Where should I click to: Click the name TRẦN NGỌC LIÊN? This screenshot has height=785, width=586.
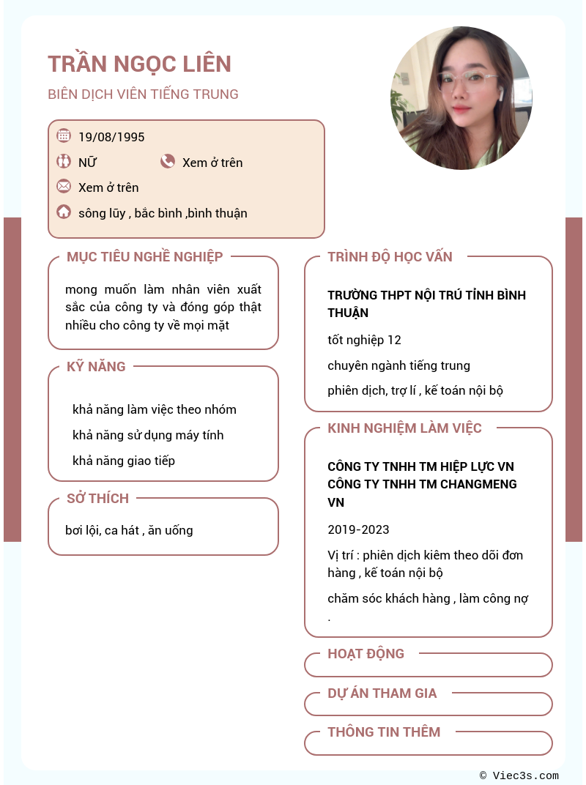coord(139,64)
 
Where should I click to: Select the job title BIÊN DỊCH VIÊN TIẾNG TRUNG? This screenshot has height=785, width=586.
coord(143,94)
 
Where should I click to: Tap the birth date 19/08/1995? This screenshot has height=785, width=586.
coord(111,137)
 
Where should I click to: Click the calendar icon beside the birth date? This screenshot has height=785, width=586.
coord(64,135)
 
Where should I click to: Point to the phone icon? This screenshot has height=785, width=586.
coord(168,162)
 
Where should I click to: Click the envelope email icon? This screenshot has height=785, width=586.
coord(64,186)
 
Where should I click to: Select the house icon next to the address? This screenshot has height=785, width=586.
coord(64,212)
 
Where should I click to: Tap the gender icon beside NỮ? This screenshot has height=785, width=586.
coord(64,161)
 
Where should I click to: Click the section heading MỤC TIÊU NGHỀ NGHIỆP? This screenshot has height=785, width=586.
coord(144,256)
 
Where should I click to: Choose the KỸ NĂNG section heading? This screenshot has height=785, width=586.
coord(96,366)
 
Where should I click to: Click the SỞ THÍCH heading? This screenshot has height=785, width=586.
coord(97,499)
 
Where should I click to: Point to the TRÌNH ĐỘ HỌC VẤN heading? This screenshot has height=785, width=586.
coord(390,257)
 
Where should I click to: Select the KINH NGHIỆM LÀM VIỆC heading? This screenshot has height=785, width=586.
coord(404,428)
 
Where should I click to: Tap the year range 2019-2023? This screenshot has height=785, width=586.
coord(358,529)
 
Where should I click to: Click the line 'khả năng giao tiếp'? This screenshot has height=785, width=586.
coord(123,461)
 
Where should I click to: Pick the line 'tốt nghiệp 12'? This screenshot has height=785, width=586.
coord(364,340)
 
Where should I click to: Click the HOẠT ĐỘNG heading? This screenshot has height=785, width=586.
coord(366,654)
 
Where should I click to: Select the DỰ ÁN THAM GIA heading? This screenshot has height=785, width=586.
coord(382,693)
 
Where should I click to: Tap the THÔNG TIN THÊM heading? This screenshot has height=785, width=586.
coord(384,732)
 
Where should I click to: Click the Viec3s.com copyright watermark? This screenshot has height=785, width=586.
coord(519,775)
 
